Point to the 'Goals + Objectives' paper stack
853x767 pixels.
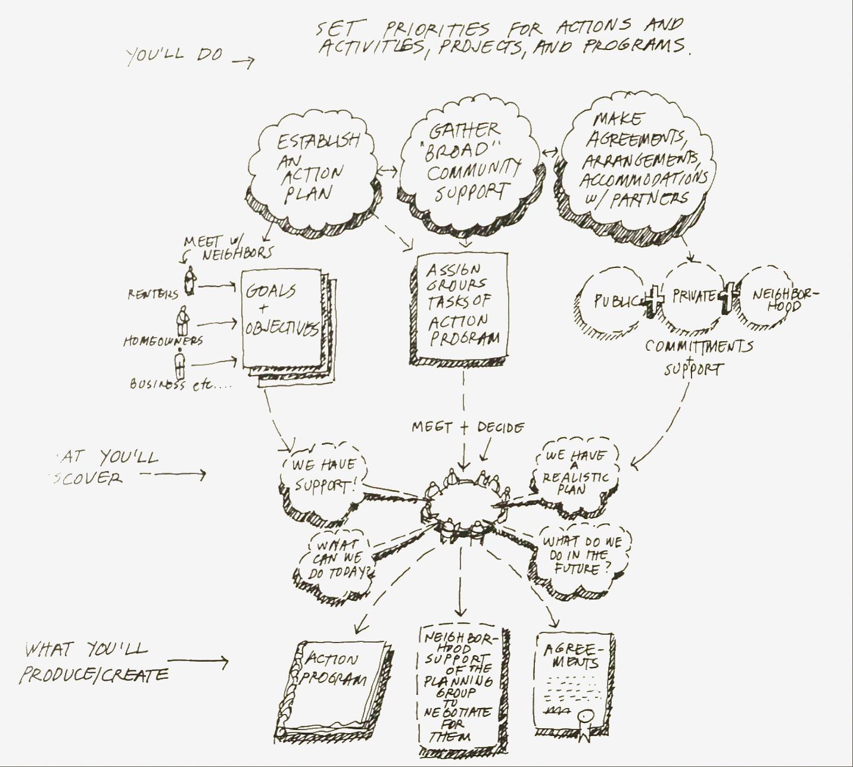tap(283, 322)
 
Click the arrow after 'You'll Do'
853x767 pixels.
tap(242, 61)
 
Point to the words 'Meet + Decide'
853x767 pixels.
tap(468, 428)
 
